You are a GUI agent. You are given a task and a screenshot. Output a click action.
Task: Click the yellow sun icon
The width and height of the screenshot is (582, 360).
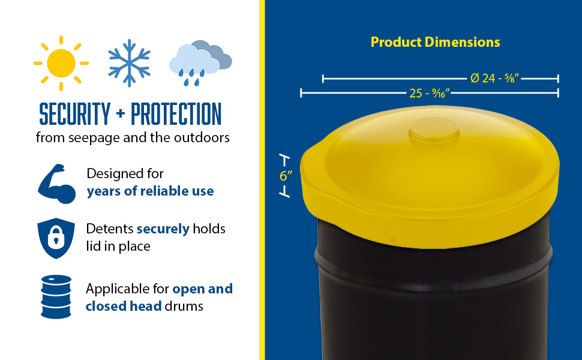tap(61, 63)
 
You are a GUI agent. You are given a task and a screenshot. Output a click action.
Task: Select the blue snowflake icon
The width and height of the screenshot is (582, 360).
tap(129, 63)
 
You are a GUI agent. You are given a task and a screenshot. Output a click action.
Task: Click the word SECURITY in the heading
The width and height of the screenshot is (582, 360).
tap(74, 114)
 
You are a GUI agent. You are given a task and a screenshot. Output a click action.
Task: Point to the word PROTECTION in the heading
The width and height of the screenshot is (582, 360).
tap(176, 114)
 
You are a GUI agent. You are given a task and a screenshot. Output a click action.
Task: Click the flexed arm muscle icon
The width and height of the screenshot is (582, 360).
tap(57, 184)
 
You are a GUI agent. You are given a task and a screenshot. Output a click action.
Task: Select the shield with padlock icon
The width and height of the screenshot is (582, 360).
tap(56, 238)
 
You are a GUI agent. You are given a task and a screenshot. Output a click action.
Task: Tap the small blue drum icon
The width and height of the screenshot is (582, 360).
tap(56, 297)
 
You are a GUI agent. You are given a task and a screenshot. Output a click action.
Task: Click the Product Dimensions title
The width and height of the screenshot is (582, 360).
tap(435, 42)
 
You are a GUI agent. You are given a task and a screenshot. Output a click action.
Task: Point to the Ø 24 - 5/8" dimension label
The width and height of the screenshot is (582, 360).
tap(494, 78)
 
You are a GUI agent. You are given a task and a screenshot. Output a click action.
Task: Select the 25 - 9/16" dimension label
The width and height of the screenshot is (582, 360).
tap(430, 93)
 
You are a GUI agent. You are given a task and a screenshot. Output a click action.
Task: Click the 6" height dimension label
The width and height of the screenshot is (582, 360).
tap(286, 176)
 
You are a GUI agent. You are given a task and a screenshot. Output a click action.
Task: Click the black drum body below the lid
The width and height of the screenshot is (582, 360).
tap(434, 297)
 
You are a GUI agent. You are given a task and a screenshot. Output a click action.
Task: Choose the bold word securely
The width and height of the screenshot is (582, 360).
tap(163, 229)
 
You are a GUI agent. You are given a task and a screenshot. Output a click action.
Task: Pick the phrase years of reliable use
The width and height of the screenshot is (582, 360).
tap(150, 191)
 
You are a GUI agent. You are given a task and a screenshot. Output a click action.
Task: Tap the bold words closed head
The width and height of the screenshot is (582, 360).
tap(124, 306)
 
